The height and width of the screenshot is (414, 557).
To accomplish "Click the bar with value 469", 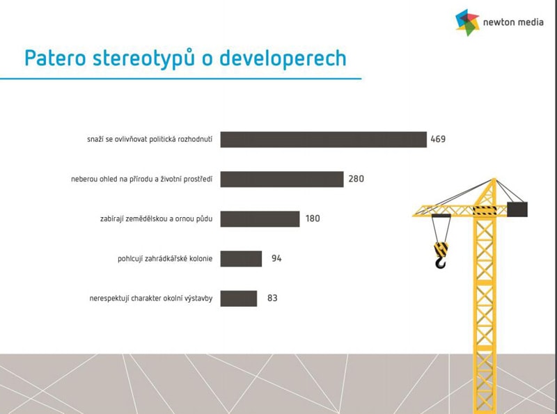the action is [x=323, y=139].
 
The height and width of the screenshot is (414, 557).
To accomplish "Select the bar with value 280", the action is [x=282, y=179].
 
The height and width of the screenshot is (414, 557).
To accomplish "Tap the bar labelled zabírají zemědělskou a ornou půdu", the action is [x=260, y=218].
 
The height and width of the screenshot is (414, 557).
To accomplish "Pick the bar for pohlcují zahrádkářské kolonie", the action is [x=241, y=258].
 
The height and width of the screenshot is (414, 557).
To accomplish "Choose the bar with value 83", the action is [x=238, y=298].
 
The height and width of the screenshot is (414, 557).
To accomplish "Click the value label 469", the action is [x=438, y=139].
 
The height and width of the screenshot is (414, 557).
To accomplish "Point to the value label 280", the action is [x=356, y=179].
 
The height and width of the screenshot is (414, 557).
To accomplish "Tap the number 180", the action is [x=313, y=218].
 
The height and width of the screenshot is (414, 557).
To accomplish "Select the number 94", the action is [x=276, y=258].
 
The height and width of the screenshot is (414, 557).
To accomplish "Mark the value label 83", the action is [x=272, y=298].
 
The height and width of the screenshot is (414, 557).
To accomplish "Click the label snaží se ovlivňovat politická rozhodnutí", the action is [x=150, y=139].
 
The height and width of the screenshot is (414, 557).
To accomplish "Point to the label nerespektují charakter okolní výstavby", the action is [x=151, y=298].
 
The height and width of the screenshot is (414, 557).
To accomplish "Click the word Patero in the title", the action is [x=55, y=58].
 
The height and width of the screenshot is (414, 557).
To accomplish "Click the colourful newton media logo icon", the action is [x=467, y=22].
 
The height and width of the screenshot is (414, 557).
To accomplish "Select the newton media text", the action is [x=513, y=22].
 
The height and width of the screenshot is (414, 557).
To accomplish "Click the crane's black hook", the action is [x=441, y=263].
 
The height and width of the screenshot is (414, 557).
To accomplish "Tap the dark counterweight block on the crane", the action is [x=517, y=209].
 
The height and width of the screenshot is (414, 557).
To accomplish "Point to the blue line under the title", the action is [x=180, y=79].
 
